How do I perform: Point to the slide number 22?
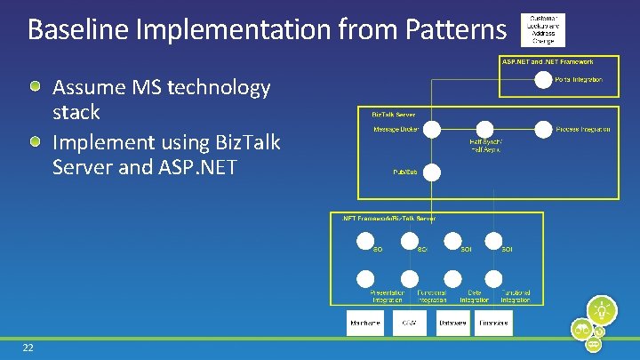(x=28, y=348)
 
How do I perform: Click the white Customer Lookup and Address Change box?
(x=543, y=29)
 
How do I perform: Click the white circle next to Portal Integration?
(x=542, y=80)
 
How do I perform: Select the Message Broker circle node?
(x=431, y=129)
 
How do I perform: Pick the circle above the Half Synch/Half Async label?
(x=485, y=129)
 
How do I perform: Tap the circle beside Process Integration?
(x=542, y=129)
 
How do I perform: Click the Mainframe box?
(x=365, y=323)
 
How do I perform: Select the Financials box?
(x=493, y=323)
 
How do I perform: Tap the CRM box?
(x=409, y=323)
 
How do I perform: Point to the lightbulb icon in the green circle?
(x=604, y=310)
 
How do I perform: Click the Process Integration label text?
(x=582, y=130)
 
